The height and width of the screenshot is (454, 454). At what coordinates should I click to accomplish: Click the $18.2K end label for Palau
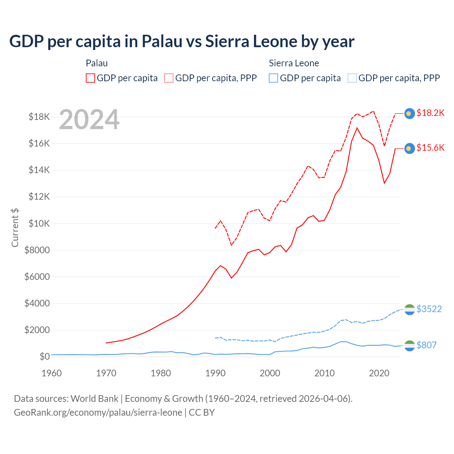[430, 113]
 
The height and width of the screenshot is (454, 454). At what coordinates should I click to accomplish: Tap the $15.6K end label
[430, 148]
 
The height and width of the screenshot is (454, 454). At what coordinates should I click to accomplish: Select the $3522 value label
[429, 309]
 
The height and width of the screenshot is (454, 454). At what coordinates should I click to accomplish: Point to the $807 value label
[426, 345]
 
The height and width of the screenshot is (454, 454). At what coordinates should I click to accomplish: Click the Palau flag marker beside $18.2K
[410, 113]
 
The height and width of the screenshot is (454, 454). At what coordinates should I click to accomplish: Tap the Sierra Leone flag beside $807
[410, 345]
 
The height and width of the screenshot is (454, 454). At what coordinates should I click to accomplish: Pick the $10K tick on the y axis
[37, 223]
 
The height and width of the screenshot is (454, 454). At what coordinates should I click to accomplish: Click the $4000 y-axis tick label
[37, 303]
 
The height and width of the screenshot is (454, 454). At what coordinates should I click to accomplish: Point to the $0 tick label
[44, 356]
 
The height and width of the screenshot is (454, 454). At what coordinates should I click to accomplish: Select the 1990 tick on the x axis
[216, 373]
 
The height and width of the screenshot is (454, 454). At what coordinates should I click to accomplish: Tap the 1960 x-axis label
[52, 373]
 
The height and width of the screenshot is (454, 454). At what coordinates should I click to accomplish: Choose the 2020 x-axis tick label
[379, 373]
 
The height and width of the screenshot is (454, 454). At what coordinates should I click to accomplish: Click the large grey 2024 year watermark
[89, 120]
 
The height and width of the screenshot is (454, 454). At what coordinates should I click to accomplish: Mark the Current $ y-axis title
[15, 227]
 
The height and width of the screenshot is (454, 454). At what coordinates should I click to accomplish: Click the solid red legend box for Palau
[90, 78]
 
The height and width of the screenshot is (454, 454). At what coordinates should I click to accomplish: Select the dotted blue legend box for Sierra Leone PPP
[352, 78]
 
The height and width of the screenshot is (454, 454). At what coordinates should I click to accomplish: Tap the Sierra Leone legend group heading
[294, 63]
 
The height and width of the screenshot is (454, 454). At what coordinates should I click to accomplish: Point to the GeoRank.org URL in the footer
[98, 413]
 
